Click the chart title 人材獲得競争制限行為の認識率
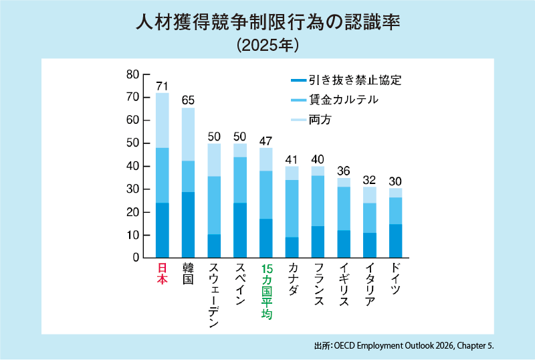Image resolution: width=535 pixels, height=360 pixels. pos(267,23)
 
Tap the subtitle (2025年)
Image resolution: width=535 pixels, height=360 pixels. pos(267,45)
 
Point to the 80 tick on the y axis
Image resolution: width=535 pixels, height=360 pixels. pos(132,74)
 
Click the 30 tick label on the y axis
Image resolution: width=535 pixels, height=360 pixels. pos(132,189)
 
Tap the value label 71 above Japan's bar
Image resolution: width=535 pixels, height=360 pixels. pos(162,86)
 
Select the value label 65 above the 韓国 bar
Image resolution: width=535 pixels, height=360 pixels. pos(188,100)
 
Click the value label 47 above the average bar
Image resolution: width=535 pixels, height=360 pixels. pos(265,141)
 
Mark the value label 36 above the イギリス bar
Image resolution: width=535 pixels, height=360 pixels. pos(344,171)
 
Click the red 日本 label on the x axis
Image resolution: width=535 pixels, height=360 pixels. pos(163,274)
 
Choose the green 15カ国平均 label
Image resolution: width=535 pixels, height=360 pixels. pos(266,291)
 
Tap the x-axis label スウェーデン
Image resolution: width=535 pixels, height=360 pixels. pos(214,296)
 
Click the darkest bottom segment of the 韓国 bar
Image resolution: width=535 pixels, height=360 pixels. pos(188,225)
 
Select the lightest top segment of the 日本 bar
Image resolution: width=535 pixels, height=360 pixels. pos(163,120)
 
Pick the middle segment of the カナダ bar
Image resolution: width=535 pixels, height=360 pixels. pos(292,209)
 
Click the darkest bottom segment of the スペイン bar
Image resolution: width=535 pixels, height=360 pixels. pos(240,230)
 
